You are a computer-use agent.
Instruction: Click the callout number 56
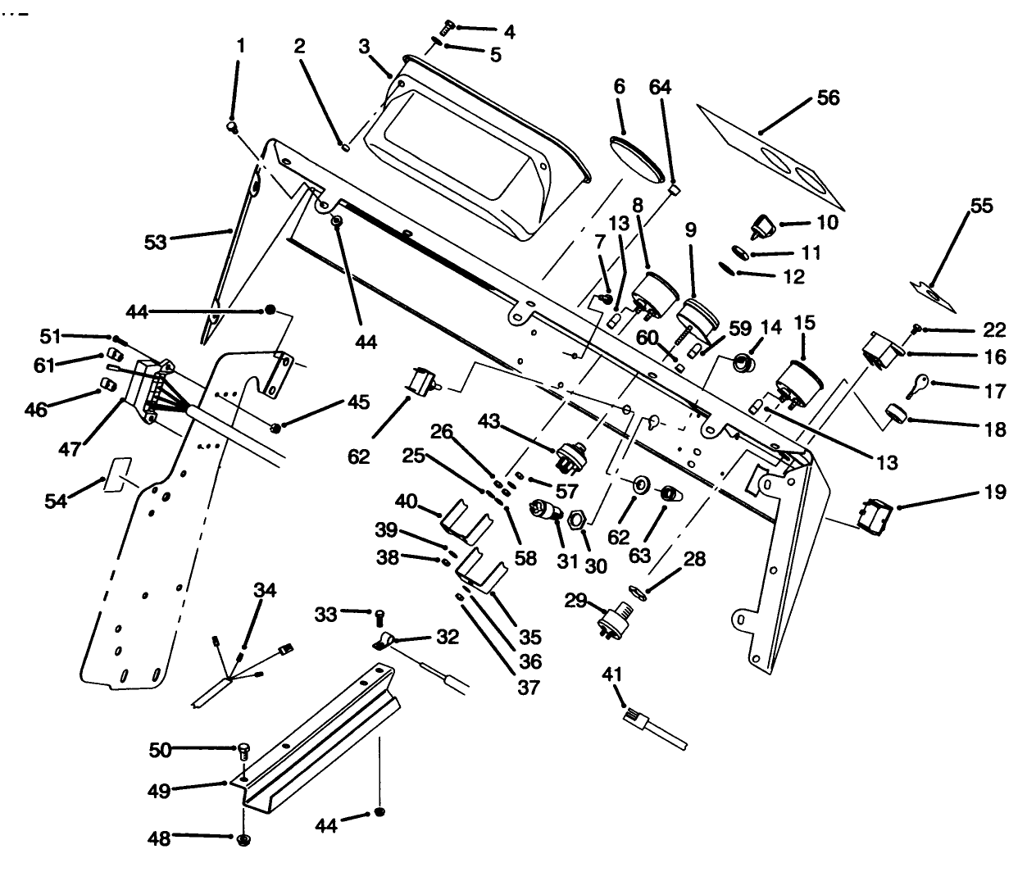coord(829,98)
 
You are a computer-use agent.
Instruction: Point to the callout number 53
coord(156,242)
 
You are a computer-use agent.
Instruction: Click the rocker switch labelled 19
coord(872,511)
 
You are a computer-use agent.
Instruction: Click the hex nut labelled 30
coord(575,520)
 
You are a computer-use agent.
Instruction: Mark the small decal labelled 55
coord(934,293)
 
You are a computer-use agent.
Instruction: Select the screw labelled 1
coord(233,126)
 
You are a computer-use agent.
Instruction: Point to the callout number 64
coord(661,87)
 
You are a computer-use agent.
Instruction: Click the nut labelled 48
coord(243,840)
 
